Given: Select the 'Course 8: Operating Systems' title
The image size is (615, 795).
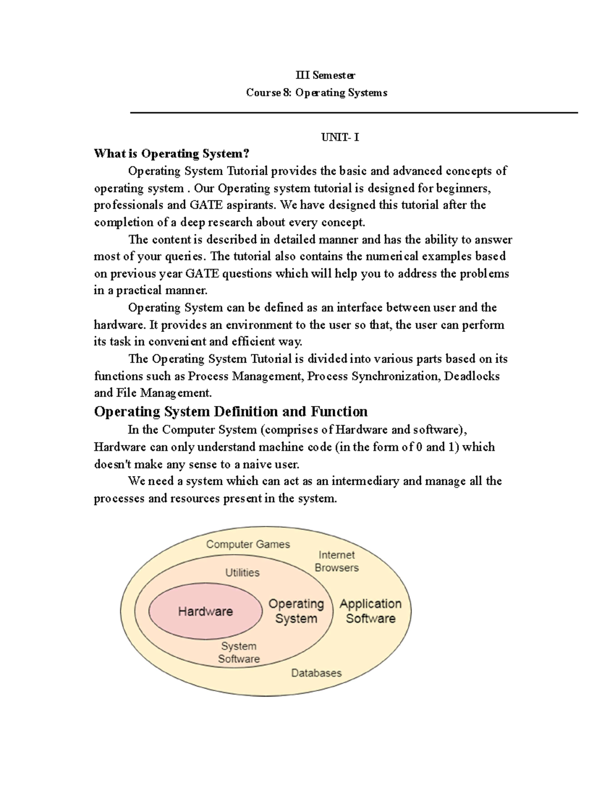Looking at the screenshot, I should point(316,93).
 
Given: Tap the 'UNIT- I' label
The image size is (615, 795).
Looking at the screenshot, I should point(340,137).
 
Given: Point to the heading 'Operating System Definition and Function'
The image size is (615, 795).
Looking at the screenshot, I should point(231,412).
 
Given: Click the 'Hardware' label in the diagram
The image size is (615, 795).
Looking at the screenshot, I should point(205,611).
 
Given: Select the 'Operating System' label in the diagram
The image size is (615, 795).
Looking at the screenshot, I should point(296,611).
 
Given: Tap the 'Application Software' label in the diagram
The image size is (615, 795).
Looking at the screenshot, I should point(371,611).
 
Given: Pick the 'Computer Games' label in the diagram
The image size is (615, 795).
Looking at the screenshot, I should point(248,544).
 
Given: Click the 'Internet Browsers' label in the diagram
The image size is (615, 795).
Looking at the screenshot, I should point(337,561).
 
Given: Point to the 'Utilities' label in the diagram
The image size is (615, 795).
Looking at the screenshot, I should point(242,572).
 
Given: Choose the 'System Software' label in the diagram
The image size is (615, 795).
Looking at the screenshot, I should point(239,653).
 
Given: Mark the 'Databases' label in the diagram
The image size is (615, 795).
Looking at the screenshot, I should point(316,673).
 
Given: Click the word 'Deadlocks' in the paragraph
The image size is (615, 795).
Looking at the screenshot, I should point(471,376).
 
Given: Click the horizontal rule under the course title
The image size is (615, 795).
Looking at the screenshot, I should point(354,113).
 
